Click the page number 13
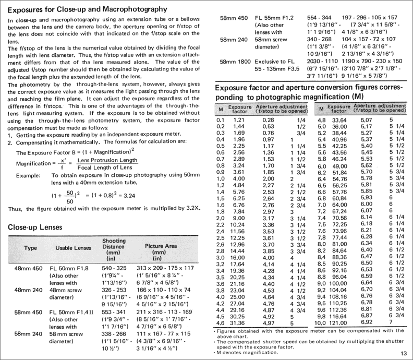[x=404, y=353]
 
